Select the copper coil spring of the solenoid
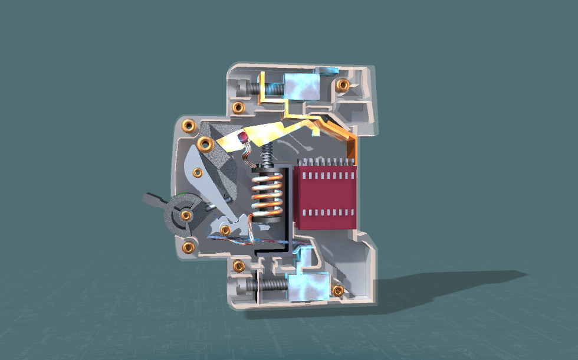[267, 192]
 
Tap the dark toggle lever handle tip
[150, 200]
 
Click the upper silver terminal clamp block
[302, 87]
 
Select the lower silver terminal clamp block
[308, 286]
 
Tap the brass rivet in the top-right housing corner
[342, 85]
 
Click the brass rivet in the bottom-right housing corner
[338, 290]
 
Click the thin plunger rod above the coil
[267, 155]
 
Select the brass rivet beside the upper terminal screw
[238, 107]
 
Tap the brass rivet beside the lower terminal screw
[239, 266]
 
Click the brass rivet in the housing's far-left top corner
[189, 125]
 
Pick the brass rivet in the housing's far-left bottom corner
[189, 247]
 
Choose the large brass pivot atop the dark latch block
[206, 143]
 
